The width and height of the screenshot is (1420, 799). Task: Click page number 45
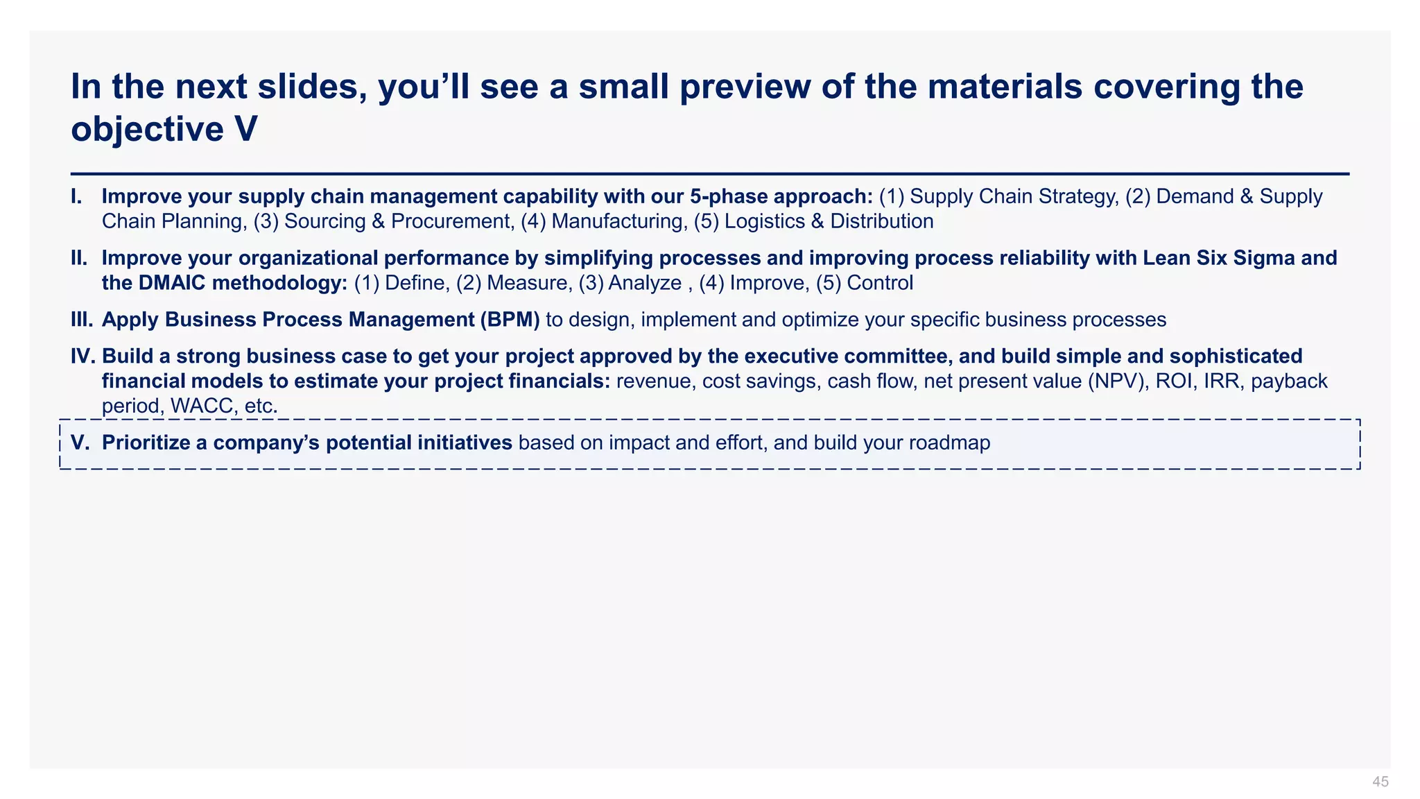coord(1380,782)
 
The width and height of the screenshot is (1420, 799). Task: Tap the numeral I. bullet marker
coord(77,197)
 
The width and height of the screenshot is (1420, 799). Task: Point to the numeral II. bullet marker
coord(79,259)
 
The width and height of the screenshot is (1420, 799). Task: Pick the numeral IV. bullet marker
coord(83,356)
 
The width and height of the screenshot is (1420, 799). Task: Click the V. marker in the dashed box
coord(80,443)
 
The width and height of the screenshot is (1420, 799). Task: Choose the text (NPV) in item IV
coord(1115,381)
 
